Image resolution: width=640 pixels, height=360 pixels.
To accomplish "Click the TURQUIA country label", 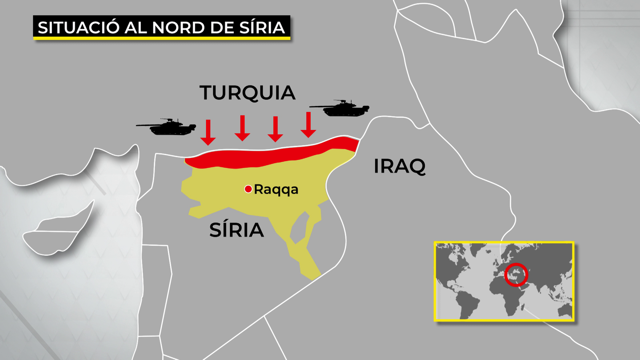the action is [247, 93].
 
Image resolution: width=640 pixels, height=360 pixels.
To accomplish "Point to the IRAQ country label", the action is [399, 166].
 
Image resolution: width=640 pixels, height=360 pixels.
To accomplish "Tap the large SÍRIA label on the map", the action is [236, 230].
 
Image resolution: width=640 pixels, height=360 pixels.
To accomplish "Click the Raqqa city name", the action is [276, 189].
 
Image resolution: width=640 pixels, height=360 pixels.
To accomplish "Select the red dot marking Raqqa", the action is [248, 189].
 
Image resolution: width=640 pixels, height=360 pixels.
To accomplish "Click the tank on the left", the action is [170, 128].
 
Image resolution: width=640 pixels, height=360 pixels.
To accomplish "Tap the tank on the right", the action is [344, 108].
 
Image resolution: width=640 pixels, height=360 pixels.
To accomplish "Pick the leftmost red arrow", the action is [208, 133].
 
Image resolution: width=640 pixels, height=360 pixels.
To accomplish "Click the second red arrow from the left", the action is [242, 128].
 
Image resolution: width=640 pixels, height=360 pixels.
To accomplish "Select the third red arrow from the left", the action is [275, 129].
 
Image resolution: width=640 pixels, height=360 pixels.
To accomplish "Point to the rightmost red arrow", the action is [308, 125].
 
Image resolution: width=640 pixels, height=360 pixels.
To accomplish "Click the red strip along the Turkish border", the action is [272, 156].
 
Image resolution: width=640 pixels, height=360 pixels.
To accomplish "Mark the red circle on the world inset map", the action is [516, 275].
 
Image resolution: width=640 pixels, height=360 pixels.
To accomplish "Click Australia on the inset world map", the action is [565, 310].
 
